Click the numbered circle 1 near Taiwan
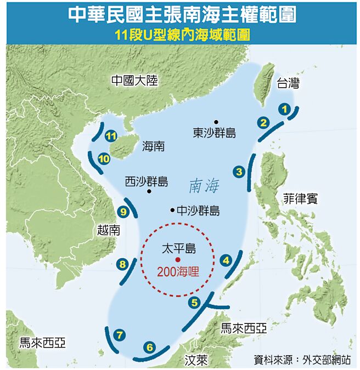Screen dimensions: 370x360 (284, 109)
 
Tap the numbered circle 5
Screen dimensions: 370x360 (195, 301)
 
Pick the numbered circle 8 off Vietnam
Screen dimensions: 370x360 (122, 264)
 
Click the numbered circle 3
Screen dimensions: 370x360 (239, 172)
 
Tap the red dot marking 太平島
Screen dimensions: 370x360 (177, 259)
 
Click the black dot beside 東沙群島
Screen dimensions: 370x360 (217, 121)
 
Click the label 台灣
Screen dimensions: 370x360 (288, 83)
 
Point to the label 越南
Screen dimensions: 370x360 (108, 230)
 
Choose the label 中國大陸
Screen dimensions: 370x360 (134, 81)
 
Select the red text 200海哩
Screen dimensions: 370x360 (177, 271)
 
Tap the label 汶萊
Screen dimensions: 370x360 (195, 361)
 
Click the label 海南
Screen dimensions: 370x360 (153, 146)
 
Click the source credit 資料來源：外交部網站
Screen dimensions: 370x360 (302, 359)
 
